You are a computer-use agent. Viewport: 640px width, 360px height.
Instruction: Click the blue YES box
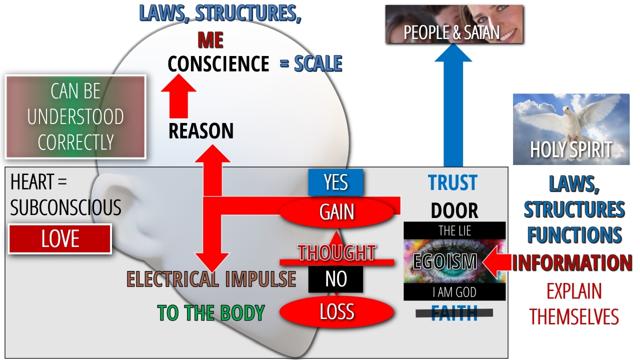point(335,182)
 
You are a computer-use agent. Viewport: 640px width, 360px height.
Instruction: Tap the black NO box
point(335,279)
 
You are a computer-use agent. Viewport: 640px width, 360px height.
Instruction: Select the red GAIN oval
point(337,212)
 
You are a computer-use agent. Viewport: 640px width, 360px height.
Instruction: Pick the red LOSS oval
point(336,312)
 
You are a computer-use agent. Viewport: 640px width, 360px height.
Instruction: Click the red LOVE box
point(60,239)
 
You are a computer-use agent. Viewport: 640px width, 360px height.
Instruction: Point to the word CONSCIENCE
point(218,64)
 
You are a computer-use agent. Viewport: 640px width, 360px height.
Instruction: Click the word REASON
point(201,131)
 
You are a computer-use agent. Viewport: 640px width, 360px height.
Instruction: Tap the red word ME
point(210,40)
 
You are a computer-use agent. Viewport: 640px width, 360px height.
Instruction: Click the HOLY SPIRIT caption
point(571,150)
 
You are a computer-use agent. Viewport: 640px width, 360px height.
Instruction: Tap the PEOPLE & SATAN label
point(451,33)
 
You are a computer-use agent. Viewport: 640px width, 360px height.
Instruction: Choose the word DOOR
point(454,211)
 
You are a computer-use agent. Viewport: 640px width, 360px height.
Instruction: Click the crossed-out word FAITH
point(454,313)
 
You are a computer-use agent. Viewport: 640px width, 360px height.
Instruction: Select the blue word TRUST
point(452,183)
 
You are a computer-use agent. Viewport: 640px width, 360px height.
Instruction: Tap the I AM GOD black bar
point(454,292)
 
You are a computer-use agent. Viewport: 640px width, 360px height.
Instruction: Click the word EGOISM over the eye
point(445,261)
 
